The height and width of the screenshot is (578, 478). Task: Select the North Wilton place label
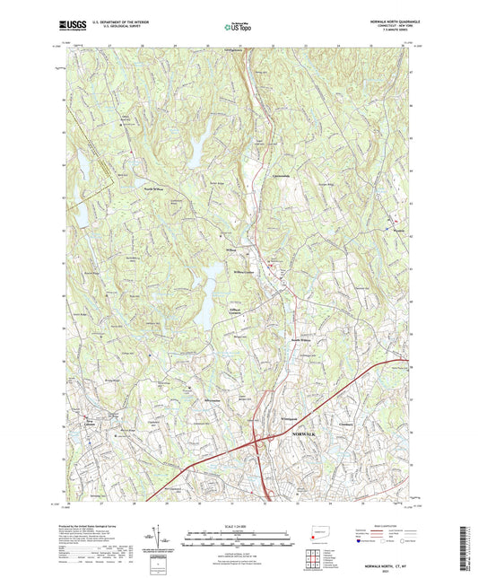tap(147, 189)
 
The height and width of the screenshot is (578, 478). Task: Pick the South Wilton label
tap(301, 339)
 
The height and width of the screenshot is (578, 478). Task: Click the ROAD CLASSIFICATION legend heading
tap(379, 525)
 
